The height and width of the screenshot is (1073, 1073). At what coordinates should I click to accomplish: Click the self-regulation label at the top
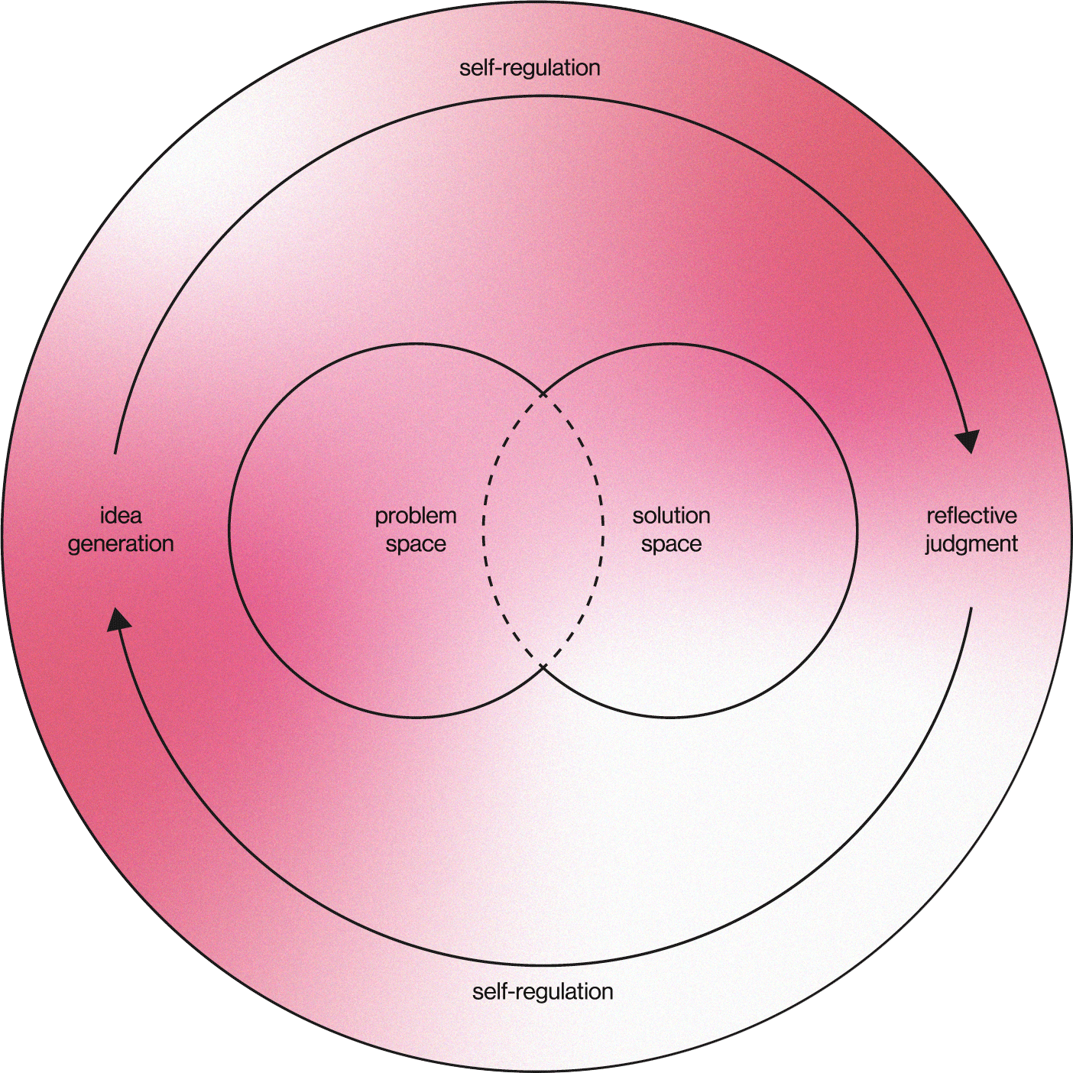coord(530,68)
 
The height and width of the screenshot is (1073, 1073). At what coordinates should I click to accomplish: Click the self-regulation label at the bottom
coord(543,992)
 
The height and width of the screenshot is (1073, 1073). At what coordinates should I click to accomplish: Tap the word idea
coord(121,516)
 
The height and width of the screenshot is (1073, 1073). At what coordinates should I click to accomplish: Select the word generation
coord(121,544)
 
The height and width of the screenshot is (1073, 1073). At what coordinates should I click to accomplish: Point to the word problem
coord(416,517)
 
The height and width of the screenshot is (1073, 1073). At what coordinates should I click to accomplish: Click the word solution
coord(671,516)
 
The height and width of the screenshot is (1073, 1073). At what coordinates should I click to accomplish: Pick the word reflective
coord(971,516)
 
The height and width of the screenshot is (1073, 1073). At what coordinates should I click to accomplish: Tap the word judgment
coord(971,544)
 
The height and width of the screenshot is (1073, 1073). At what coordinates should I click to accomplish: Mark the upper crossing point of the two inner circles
coord(543,394)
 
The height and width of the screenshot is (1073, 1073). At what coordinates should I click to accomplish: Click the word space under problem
coord(416,545)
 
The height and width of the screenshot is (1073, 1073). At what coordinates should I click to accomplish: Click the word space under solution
coord(671,545)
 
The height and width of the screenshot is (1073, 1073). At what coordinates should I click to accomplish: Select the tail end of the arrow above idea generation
coord(115,453)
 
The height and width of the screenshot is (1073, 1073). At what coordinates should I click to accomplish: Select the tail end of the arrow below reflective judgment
coord(971,609)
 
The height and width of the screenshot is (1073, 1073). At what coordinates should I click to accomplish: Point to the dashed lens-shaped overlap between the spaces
coord(543,530)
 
